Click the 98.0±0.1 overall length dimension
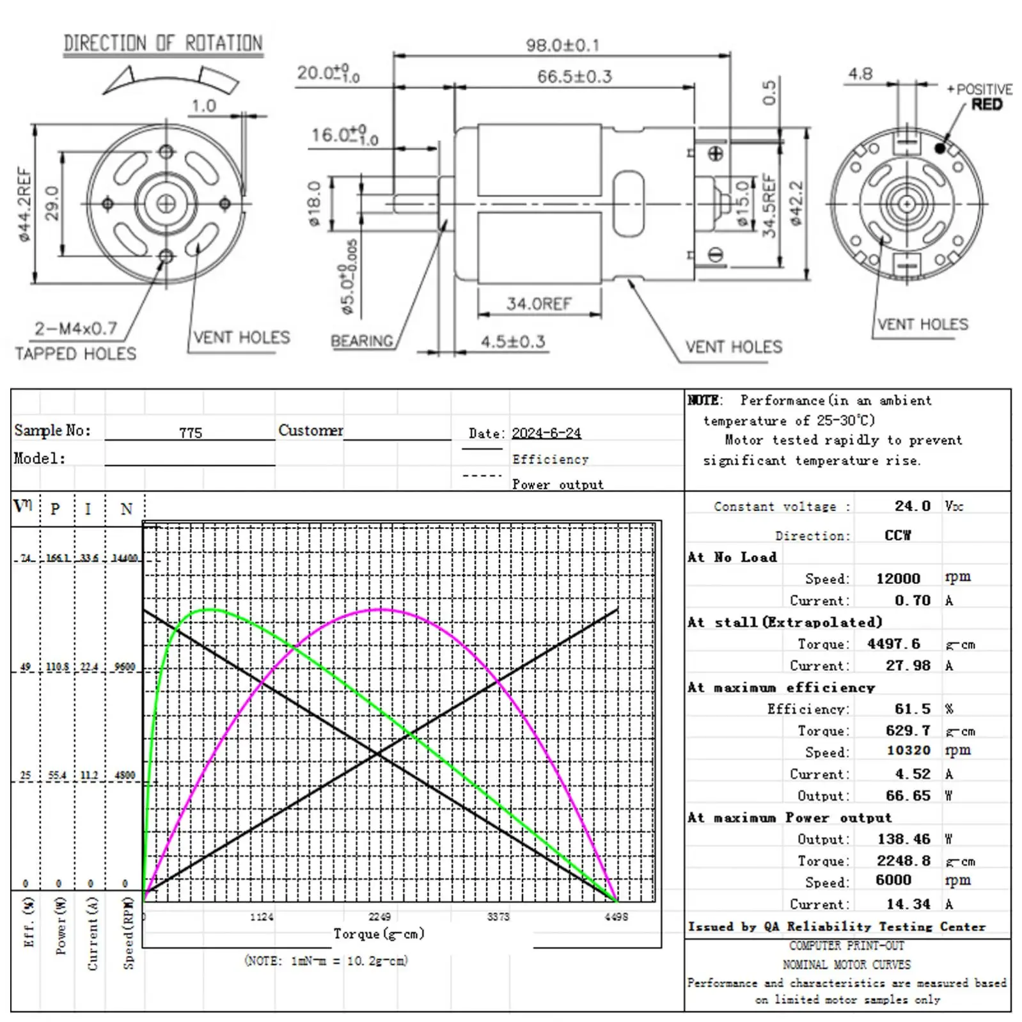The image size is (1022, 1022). click(563, 45)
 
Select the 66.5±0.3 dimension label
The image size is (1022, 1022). click(574, 77)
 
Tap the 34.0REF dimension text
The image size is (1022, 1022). click(539, 304)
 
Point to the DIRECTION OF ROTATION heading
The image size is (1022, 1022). click(163, 43)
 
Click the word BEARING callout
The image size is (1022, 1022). click(362, 341)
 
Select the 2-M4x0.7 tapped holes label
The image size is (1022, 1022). click(76, 329)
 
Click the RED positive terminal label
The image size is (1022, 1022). click(987, 104)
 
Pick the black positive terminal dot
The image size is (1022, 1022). click(939, 148)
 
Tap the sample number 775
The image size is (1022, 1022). click(191, 433)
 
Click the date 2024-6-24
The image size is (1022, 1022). click(546, 433)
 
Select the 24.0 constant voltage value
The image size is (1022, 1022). click(913, 506)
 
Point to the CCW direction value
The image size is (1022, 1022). click(898, 535)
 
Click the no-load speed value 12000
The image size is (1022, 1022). click(898, 578)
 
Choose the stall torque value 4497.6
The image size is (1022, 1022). click(893, 643)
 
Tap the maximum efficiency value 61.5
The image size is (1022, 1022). click(913, 709)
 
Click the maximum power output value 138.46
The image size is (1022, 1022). click(904, 838)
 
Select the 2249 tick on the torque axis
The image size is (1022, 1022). click(379, 916)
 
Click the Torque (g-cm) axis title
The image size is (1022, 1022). click(379, 934)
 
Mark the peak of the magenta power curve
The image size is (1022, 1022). click(381, 609)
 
